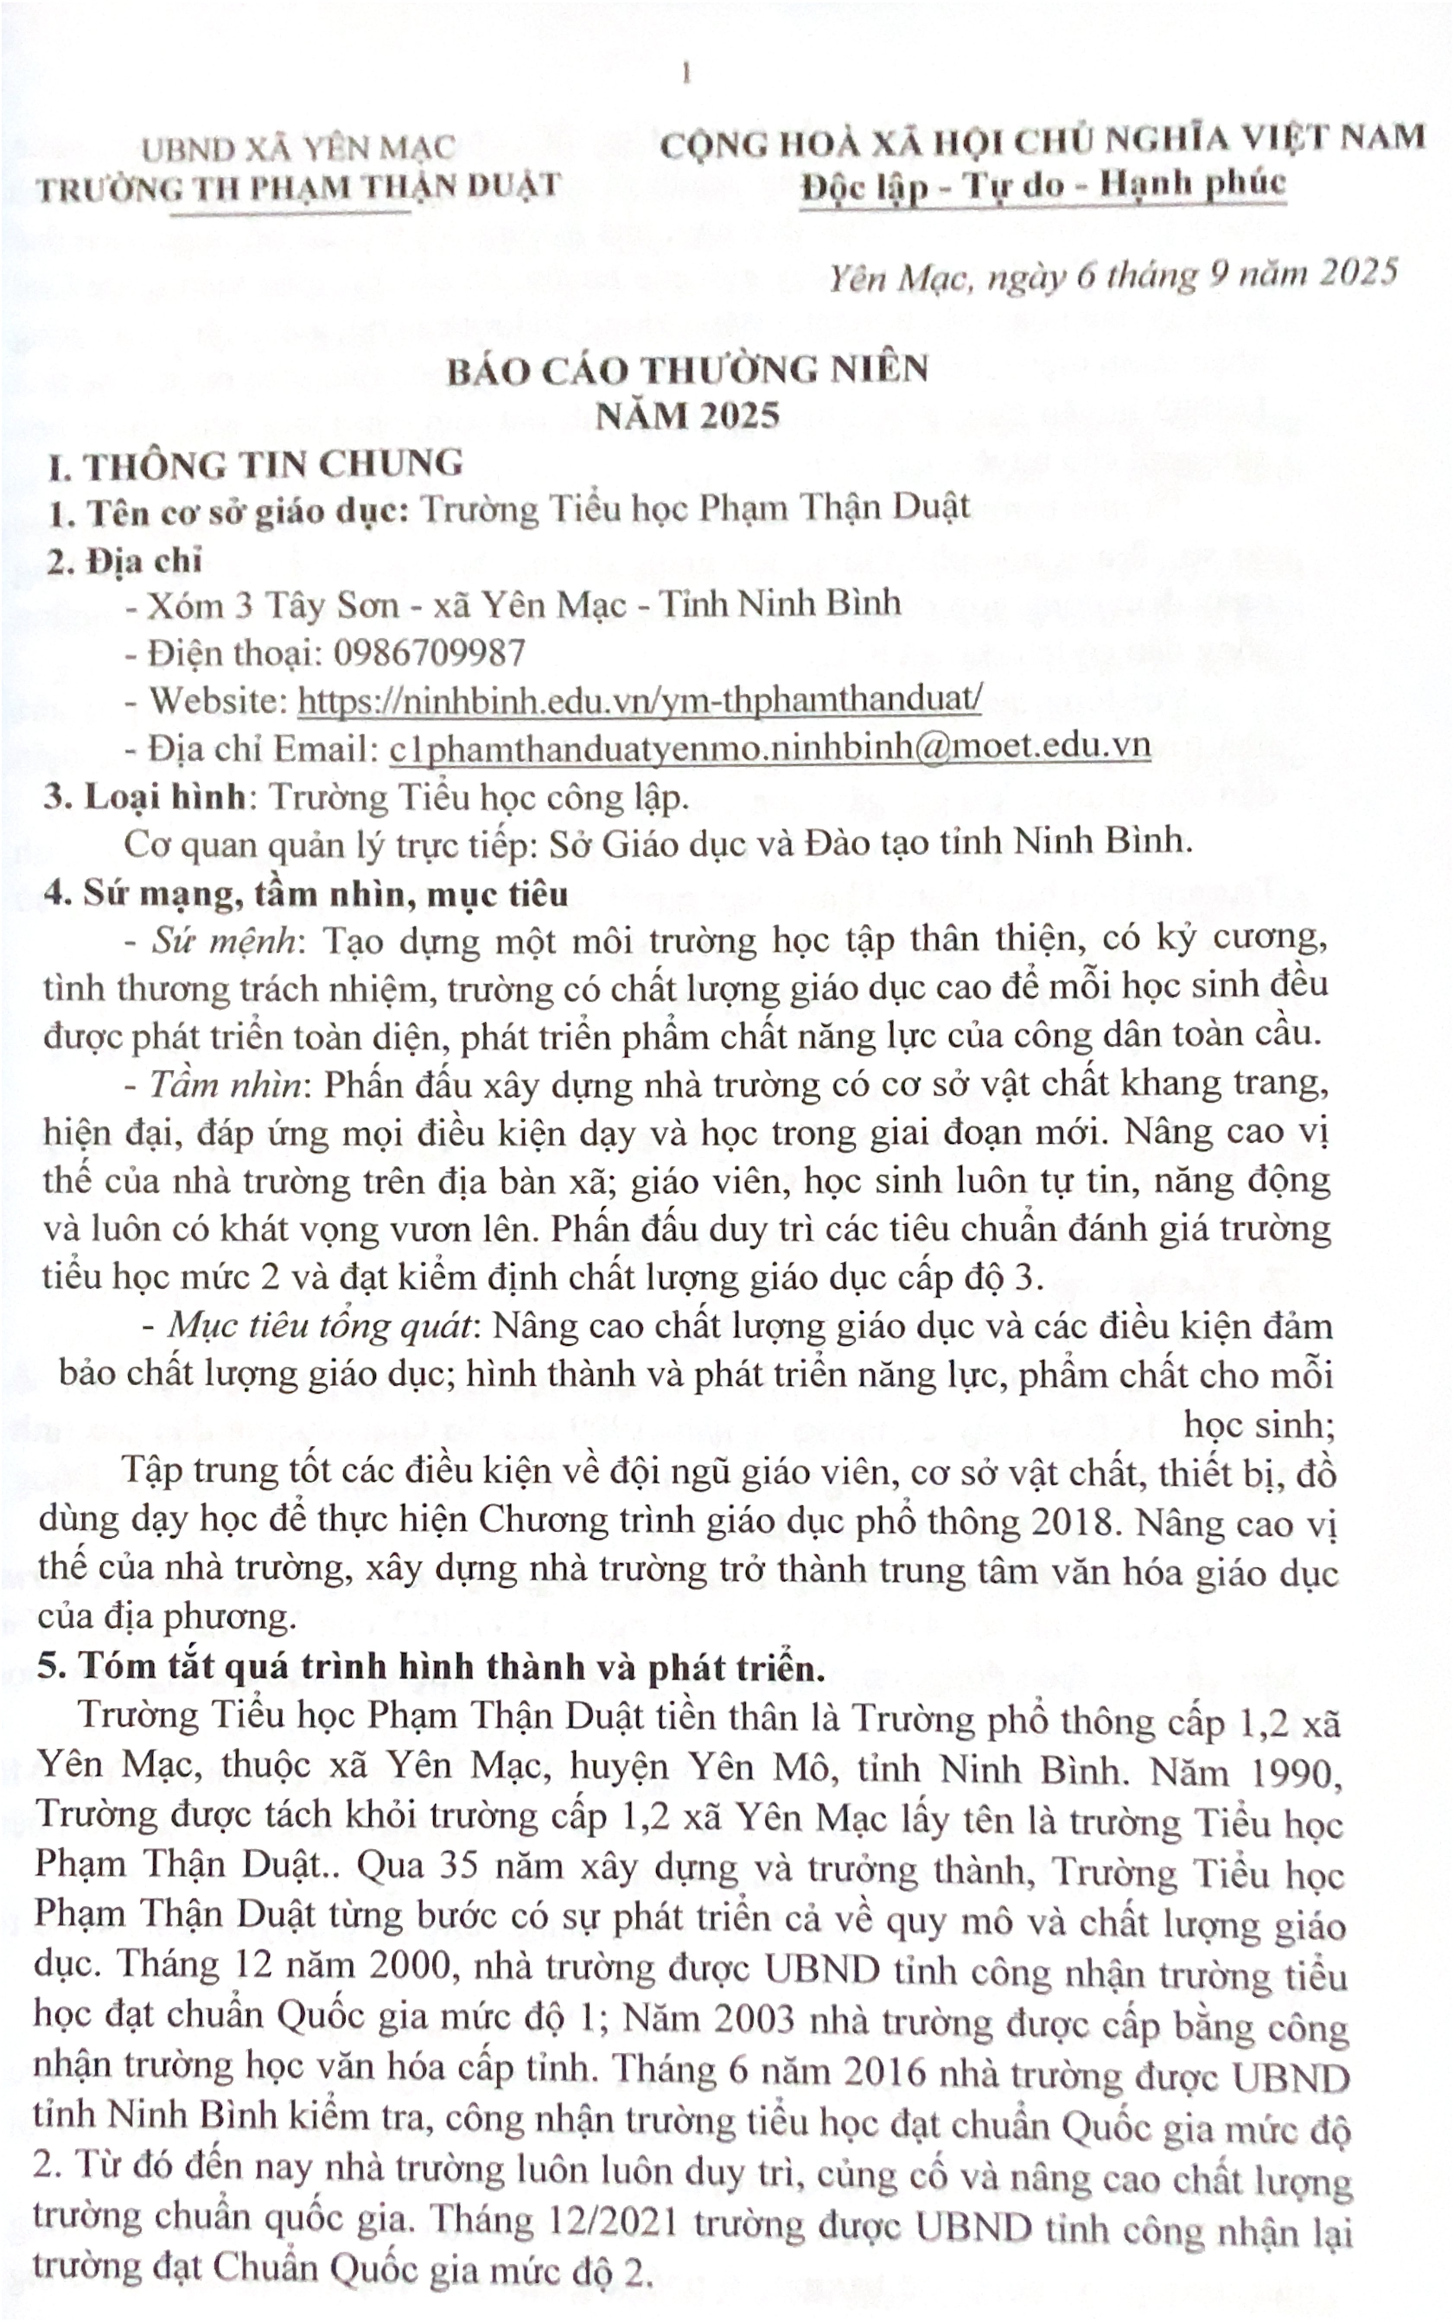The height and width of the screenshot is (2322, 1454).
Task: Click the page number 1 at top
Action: point(686,74)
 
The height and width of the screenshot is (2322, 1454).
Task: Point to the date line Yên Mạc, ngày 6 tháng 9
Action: point(1113,277)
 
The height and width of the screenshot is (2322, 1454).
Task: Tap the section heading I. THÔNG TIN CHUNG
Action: point(257,466)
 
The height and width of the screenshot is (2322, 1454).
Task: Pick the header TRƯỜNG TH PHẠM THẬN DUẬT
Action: point(298,188)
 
